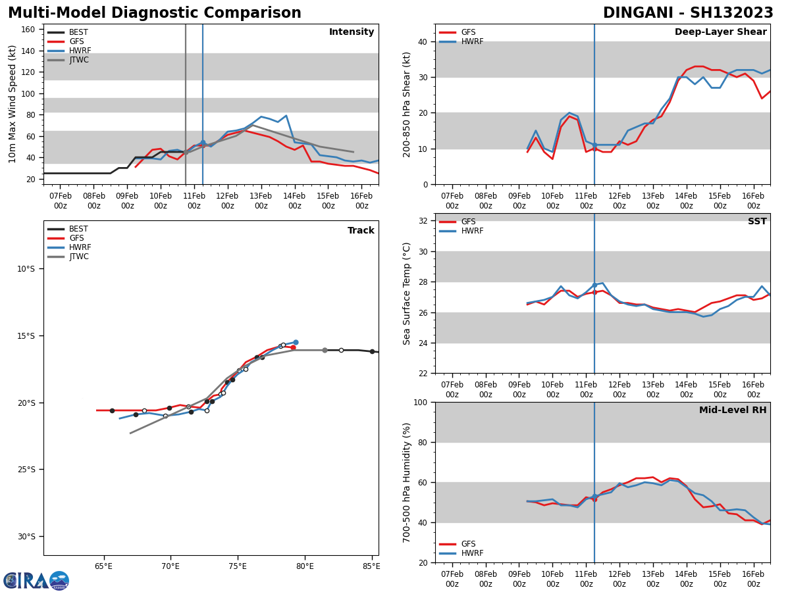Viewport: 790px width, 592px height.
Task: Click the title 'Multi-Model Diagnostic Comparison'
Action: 154,13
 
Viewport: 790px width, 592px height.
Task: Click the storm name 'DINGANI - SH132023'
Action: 688,13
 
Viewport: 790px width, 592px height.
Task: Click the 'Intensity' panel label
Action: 352,32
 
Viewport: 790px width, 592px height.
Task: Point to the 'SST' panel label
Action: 757,222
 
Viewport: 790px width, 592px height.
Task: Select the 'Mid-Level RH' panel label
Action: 733,410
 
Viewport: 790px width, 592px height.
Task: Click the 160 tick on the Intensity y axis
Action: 28,30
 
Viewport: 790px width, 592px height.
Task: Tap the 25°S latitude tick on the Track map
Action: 26,470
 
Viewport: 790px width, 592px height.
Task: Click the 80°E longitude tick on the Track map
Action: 305,566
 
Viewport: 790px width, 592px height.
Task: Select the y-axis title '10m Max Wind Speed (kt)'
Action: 13,104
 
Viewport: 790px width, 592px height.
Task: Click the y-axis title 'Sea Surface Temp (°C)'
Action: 408,293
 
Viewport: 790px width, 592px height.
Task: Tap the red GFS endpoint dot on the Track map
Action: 293,347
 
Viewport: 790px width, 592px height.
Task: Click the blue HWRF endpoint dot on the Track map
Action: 296,342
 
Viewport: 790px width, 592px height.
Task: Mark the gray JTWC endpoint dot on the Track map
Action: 325,350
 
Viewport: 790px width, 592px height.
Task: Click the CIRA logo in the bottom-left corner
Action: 36,581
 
